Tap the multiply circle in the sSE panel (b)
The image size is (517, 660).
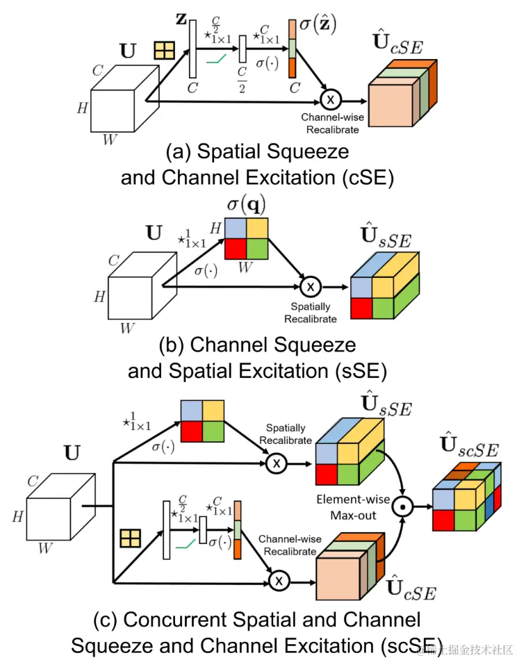pyautogui.click(x=311, y=285)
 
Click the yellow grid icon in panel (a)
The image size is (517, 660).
pyautogui.click(x=164, y=51)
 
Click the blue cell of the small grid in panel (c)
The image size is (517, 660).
pyautogui.click(x=192, y=411)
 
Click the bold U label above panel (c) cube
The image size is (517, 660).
pyautogui.click(x=71, y=453)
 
